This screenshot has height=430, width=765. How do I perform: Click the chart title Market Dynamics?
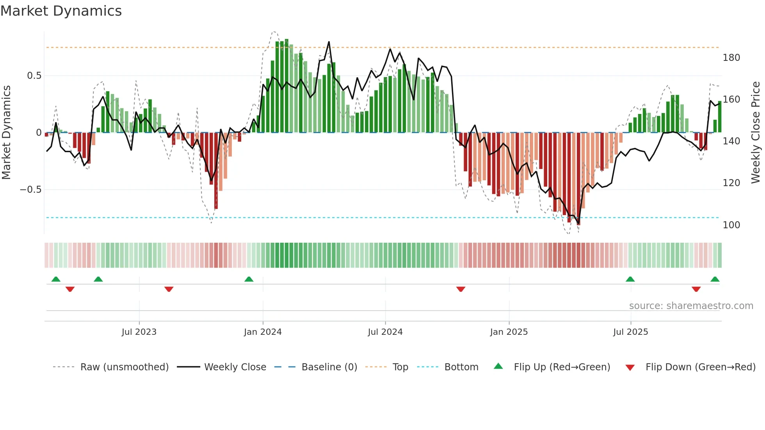pos(61,11)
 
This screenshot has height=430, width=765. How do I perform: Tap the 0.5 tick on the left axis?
pos(34,76)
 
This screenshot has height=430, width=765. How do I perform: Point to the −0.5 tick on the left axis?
pos(30,190)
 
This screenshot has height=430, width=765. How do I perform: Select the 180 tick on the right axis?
pos(731,58)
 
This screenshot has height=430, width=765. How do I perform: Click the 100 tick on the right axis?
pos(731,225)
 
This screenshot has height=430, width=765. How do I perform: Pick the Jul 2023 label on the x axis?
pos(139,332)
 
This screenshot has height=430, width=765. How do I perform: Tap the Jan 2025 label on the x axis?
pos(509,332)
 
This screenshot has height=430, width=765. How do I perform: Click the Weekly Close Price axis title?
pos(756,133)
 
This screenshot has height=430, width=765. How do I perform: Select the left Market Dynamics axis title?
pos(6,133)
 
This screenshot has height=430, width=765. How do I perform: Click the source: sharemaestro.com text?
pos(691,306)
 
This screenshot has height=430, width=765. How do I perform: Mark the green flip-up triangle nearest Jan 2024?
pos(249,279)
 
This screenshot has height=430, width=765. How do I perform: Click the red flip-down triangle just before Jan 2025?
pos(461,289)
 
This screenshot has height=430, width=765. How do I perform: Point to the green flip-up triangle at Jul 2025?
pos(630,279)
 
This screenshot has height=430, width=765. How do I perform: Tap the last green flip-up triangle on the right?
pos(715,279)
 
